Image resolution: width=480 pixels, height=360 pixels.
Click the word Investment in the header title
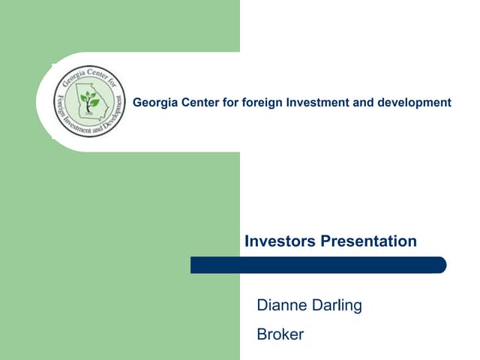pos(316,102)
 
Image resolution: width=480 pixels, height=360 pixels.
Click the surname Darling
pos(337,305)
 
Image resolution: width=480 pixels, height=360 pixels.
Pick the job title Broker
pos(280,334)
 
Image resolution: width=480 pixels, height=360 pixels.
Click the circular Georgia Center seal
pos(89,102)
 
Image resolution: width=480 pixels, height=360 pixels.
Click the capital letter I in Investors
pos(247,241)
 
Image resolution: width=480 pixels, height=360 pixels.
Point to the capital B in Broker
pos(262,334)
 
